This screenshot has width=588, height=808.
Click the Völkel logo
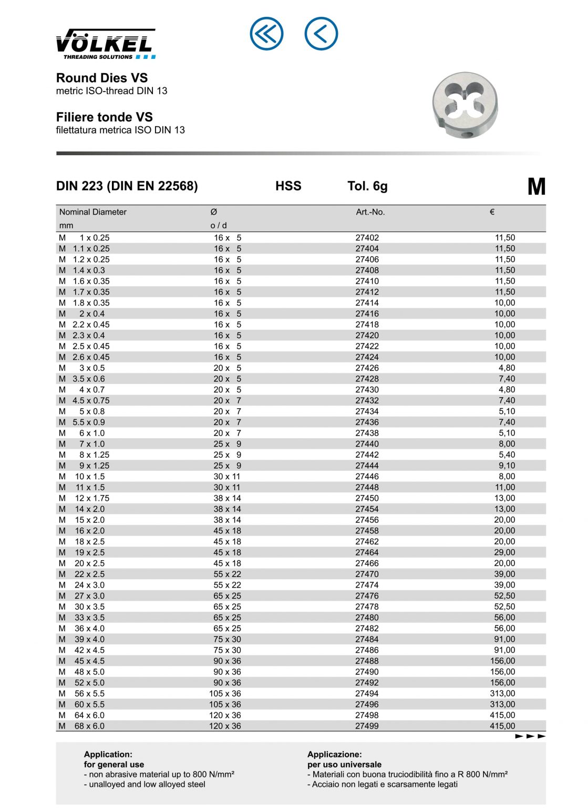tap(106, 44)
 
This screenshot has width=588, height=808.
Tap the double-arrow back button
tap(266, 34)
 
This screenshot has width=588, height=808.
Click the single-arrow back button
tap(321, 34)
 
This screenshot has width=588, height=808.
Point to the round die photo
tap(465, 105)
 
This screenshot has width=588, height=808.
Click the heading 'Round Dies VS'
tap(102, 78)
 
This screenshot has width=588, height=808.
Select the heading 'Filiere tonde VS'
tap(105, 117)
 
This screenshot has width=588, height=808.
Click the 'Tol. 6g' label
tap(367, 186)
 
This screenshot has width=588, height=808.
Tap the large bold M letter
tap(536, 187)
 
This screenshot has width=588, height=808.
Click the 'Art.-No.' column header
tap(370, 212)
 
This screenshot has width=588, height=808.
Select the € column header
tap(492, 212)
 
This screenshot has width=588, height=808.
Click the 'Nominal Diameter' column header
tap(93, 212)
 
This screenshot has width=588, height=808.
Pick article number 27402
tap(367, 238)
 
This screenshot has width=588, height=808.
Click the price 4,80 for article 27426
tap(507, 368)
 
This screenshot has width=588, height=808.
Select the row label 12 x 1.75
tap(92, 498)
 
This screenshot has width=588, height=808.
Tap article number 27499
tap(367, 726)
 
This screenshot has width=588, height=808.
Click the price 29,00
tap(504, 552)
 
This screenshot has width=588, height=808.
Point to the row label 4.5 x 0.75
tap(91, 400)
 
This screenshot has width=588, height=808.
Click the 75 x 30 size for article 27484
tap(227, 639)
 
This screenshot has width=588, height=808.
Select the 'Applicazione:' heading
tap(334, 754)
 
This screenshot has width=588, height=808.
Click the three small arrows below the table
tap(530, 736)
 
